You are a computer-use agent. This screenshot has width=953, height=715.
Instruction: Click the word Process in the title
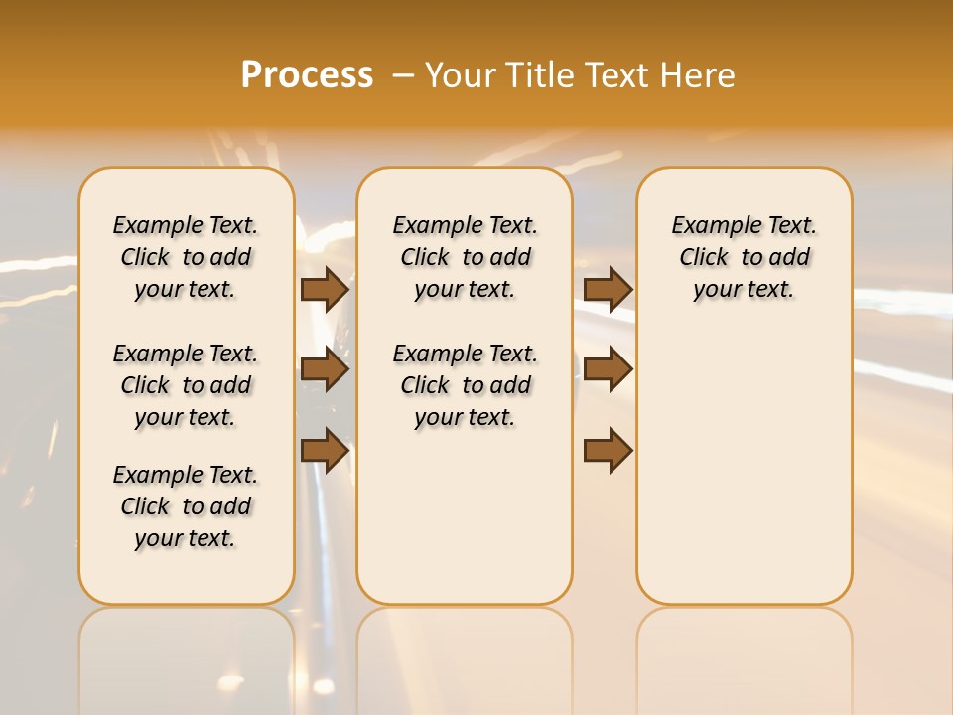pyautogui.click(x=307, y=74)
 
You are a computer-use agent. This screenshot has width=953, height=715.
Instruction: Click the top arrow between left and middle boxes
pyautogui.click(x=325, y=289)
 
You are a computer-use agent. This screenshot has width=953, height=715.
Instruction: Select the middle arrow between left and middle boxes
pyautogui.click(x=325, y=369)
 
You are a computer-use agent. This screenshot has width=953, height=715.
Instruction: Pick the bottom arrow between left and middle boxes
pyautogui.click(x=325, y=451)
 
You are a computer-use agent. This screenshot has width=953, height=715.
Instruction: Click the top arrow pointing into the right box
pyautogui.click(x=608, y=289)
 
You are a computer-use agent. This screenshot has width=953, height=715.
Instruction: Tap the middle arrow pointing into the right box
pyautogui.click(x=608, y=369)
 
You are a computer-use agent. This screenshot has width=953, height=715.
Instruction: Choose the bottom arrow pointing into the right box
pyautogui.click(x=608, y=451)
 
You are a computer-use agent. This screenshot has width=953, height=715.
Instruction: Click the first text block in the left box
pyautogui.click(x=186, y=257)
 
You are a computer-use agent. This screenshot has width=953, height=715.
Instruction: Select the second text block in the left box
pyautogui.click(x=186, y=385)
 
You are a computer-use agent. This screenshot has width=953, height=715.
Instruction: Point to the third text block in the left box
pyautogui.click(x=186, y=506)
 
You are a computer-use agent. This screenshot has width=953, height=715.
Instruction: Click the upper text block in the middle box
pyautogui.click(x=465, y=257)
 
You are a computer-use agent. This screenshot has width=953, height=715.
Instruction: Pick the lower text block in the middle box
pyautogui.click(x=465, y=385)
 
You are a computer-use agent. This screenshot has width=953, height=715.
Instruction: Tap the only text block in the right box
pyautogui.click(x=744, y=257)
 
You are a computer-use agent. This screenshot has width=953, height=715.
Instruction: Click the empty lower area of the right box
pyautogui.click(x=744, y=477)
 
